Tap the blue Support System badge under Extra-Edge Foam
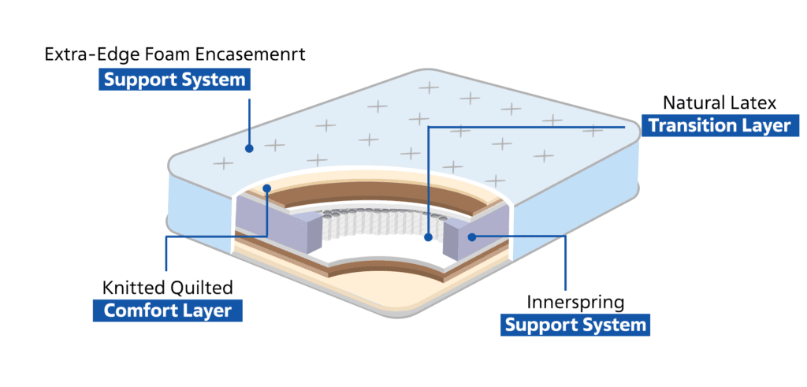(173, 80)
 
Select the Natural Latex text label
(720, 102)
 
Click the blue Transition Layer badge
(719, 125)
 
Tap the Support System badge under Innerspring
(575, 325)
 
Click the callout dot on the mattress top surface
(249, 147)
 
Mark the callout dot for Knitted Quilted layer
(267, 188)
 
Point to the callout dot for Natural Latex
(426, 236)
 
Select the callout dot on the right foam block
(472, 236)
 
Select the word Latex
(755, 102)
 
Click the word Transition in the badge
(689, 125)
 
